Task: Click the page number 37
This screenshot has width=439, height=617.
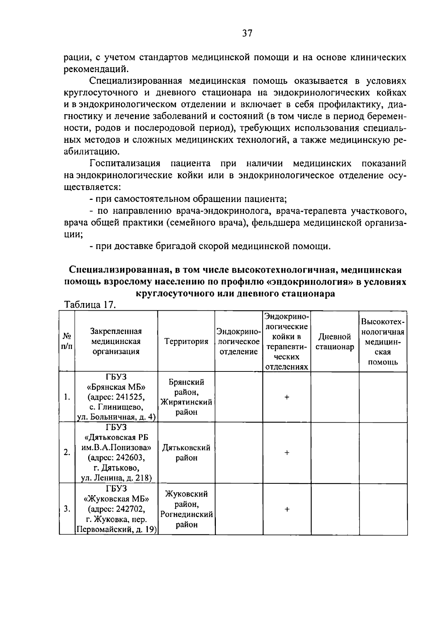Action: [247, 34]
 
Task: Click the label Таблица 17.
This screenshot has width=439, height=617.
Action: [90, 305]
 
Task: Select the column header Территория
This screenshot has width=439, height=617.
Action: [186, 341]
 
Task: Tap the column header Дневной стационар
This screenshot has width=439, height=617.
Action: [335, 341]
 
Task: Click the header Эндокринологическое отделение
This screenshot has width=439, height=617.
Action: [239, 341]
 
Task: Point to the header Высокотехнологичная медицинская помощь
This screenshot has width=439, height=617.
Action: [383, 341]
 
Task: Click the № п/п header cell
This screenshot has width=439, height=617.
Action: [67, 341]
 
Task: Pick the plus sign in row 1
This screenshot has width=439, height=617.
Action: [287, 397]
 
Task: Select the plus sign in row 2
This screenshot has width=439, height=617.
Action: [287, 453]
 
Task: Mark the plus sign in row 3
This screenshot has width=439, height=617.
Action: [287, 509]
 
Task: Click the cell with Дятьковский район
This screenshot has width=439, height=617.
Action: [186, 453]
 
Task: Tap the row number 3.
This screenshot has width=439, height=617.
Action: [67, 509]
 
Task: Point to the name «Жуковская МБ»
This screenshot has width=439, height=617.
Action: [116, 499]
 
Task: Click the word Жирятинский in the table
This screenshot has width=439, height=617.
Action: [186, 402]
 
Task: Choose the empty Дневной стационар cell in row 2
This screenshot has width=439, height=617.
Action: [335, 453]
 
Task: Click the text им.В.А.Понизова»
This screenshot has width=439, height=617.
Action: [116, 447]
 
